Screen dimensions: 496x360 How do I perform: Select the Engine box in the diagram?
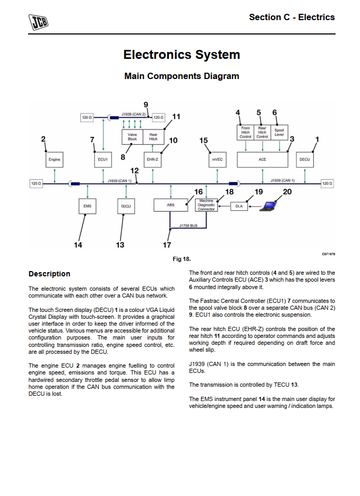coord(54,159)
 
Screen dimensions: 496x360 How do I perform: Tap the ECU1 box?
coord(103,159)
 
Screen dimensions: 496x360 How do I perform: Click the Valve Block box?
coord(133,137)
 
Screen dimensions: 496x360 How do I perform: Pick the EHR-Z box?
coord(153,159)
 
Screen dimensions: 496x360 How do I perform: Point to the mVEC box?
coord(217,159)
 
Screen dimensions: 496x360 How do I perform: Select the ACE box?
coord(262,159)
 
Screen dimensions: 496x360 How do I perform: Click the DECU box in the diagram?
coord(305,159)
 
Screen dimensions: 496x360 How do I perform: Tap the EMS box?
coord(88,205)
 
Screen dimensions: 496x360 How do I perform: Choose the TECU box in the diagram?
coord(125,205)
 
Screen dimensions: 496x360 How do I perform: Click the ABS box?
coord(170,205)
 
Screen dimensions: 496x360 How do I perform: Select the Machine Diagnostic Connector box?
coord(206,205)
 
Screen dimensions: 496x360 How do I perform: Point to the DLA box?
coord(239,206)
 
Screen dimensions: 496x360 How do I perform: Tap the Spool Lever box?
coord(279,133)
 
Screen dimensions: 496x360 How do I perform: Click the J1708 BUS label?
coord(188,225)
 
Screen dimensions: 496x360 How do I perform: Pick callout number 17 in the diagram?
coord(167,245)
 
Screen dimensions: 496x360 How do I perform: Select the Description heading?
coord(49,274)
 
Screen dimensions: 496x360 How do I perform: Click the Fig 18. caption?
coord(182,259)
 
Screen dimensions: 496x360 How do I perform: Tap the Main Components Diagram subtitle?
coord(182,76)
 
